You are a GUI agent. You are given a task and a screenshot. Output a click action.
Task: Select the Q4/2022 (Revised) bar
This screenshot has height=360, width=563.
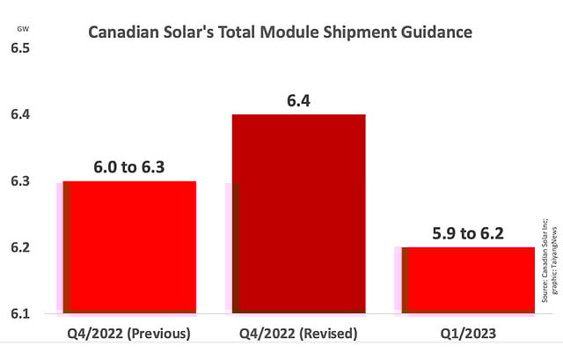[x=299, y=213]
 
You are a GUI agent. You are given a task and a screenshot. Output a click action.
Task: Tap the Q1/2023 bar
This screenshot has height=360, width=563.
[x=468, y=280]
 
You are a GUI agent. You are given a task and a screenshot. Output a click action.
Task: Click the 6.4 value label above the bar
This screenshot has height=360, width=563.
[x=299, y=102]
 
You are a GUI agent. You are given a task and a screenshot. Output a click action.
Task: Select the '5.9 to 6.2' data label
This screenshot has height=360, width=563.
[x=468, y=235]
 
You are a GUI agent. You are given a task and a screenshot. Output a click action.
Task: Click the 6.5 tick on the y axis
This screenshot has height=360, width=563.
[x=20, y=48]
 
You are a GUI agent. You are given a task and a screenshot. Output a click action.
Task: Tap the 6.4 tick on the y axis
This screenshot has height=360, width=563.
[x=20, y=114]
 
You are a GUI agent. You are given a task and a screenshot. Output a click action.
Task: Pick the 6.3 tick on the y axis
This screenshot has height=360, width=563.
[x=20, y=181]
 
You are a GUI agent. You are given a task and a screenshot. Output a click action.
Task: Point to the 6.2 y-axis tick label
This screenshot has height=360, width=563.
[x=20, y=247]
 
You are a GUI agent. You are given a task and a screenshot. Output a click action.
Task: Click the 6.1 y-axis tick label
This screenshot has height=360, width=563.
[x=20, y=314]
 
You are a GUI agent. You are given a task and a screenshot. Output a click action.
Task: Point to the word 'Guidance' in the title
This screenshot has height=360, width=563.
[x=436, y=33]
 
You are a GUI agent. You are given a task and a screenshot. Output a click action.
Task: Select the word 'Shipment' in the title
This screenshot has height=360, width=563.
[x=361, y=33]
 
